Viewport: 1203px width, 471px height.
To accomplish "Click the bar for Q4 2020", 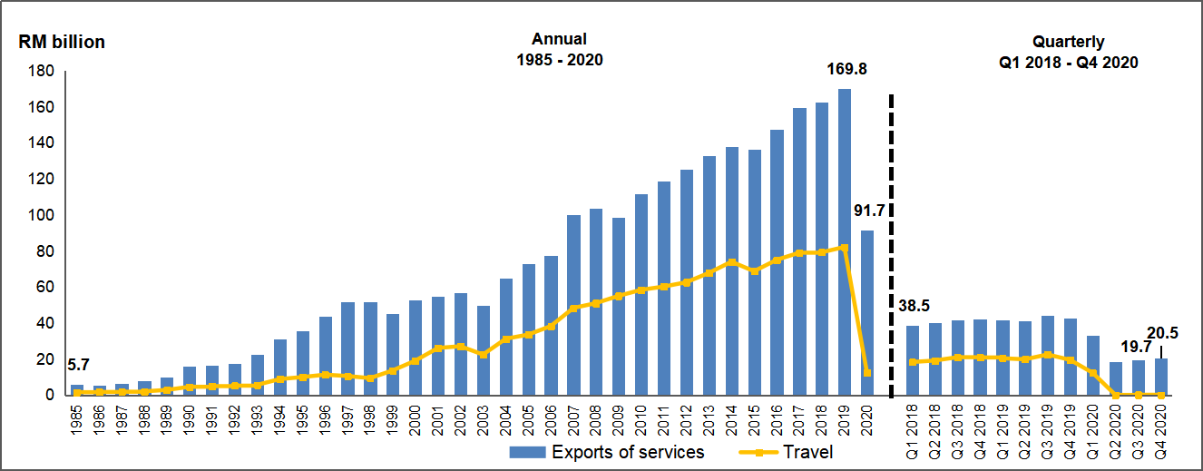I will click(1160, 377).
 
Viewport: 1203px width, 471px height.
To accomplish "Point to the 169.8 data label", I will click(846, 68).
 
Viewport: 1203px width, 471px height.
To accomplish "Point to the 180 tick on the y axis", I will click(44, 71).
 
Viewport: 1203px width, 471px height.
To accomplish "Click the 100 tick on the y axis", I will click(44, 215).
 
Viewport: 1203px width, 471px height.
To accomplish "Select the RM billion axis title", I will click(62, 42).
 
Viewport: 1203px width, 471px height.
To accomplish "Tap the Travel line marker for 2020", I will click(867, 372).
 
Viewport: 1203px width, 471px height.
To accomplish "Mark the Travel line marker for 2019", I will click(845, 247).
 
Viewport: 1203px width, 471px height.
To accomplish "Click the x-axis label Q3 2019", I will click(1048, 426).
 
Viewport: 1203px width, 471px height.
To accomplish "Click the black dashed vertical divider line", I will click(890, 245).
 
